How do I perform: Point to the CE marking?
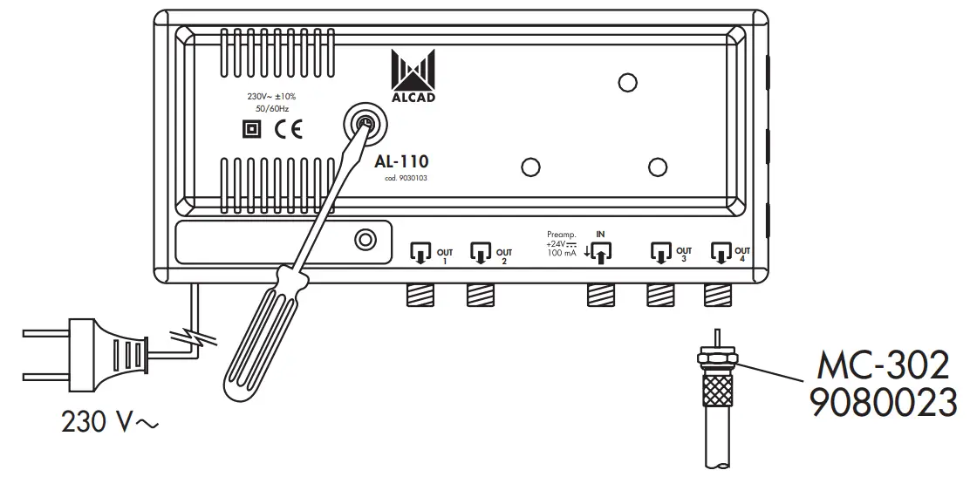coord(287,130)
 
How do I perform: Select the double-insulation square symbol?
coord(251,130)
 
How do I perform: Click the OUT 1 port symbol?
coord(420,253)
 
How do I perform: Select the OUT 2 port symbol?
coord(481,253)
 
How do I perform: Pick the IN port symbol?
coord(601,252)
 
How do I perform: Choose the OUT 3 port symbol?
coord(661,253)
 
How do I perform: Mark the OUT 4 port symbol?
coord(721,253)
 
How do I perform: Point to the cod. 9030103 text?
coord(404,179)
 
